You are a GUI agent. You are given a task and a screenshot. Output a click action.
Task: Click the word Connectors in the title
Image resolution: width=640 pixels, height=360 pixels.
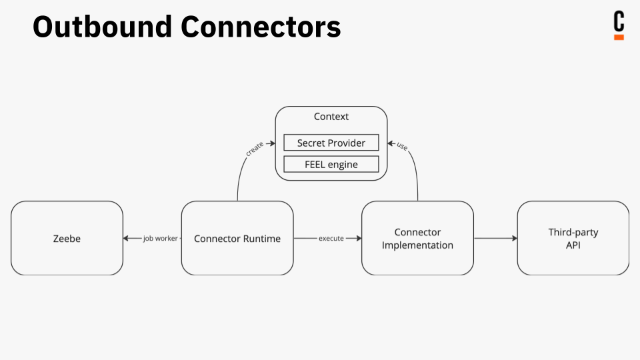tap(261, 27)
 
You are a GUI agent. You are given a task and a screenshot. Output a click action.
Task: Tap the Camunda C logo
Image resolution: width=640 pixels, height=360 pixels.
tap(619, 22)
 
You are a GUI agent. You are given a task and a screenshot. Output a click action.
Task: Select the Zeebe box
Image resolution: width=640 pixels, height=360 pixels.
tap(67, 238)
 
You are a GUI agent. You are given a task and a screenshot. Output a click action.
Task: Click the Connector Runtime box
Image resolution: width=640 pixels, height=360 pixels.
tap(237, 238)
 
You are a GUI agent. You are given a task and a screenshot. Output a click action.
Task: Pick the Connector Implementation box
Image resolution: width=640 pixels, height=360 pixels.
tap(417, 238)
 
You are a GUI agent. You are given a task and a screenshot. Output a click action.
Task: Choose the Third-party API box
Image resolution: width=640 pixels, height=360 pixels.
tap(573, 238)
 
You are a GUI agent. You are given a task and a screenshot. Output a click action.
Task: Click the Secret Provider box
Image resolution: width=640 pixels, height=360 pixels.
tap(331, 143)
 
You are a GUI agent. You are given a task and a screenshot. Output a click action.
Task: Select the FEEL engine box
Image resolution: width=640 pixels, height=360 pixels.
tap(331, 164)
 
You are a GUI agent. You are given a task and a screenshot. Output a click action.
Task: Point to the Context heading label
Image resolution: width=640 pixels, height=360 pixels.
tap(331, 117)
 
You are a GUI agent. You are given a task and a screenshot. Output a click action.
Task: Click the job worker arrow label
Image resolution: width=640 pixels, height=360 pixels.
tap(161, 238)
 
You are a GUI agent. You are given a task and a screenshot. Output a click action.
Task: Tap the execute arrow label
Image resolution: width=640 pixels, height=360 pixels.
tap(331, 238)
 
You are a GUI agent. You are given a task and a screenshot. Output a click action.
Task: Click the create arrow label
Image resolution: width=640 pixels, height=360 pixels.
tap(254, 149)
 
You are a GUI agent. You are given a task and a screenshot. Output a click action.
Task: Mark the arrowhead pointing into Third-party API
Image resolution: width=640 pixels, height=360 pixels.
tap(513, 238)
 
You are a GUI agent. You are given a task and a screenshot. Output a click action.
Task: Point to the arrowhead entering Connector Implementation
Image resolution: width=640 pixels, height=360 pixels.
tap(358, 238)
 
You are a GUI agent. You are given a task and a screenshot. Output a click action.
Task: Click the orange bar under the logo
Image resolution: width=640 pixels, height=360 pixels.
tap(619, 37)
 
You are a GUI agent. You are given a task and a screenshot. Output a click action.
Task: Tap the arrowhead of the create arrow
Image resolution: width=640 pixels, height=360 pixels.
tap(272, 143)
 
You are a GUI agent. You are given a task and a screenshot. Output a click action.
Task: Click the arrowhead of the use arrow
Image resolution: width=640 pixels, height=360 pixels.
tap(391, 143)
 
